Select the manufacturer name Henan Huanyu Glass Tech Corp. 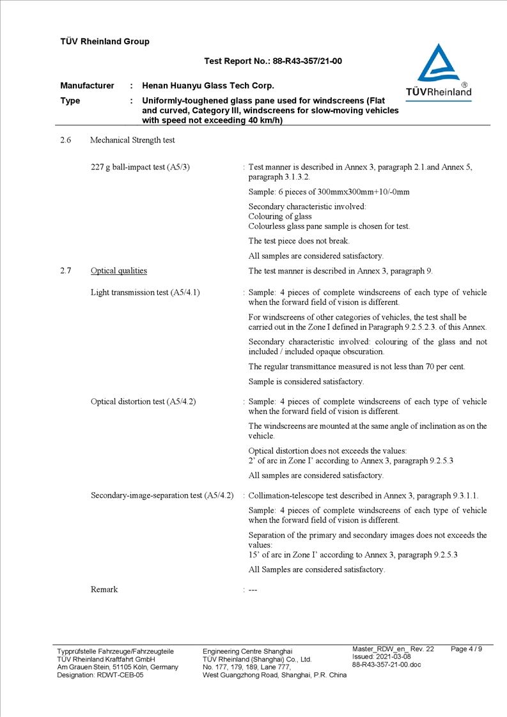pyautogui.click(x=208, y=86)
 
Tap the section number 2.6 pyautogui.click(x=65, y=140)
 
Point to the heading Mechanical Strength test pyautogui.click(x=132, y=140)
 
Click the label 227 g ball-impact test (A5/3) pyautogui.click(x=140, y=167)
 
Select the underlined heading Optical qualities pyautogui.click(x=119, y=271)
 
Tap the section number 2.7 pyautogui.click(x=65, y=271)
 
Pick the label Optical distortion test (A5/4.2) pyautogui.click(x=143, y=402)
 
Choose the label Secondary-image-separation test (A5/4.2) pyautogui.click(x=162, y=496)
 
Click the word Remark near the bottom pyautogui.click(x=104, y=590)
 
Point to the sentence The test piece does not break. pyautogui.click(x=299, y=242)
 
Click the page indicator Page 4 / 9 pyautogui.click(x=467, y=649)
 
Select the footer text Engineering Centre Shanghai pyautogui.click(x=247, y=651)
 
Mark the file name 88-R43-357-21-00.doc pyautogui.click(x=387, y=665)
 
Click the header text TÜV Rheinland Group pyautogui.click(x=105, y=42)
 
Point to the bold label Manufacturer pyautogui.click(x=87, y=86)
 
